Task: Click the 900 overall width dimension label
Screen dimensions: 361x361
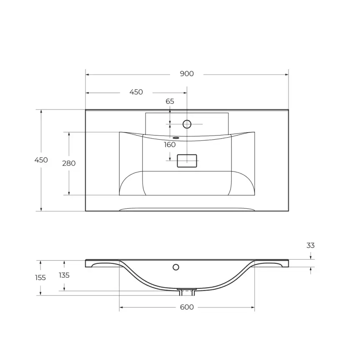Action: (x=187, y=74)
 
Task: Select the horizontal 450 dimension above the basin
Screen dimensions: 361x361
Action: (x=136, y=92)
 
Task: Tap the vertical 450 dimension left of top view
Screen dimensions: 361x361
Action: (x=41, y=160)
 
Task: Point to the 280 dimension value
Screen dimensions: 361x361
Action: (x=69, y=163)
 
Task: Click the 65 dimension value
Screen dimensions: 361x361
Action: (x=170, y=101)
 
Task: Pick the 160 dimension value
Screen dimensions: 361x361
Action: (x=170, y=145)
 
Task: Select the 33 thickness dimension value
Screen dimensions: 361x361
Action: (x=311, y=246)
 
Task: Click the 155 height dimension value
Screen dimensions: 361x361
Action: (x=40, y=278)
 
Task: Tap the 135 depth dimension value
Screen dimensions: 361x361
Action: (x=64, y=275)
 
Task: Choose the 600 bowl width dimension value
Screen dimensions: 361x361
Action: (x=187, y=307)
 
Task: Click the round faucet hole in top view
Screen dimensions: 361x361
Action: (x=187, y=124)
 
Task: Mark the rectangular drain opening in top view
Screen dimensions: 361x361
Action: (x=187, y=160)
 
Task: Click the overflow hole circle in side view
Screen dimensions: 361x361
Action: (x=176, y=267)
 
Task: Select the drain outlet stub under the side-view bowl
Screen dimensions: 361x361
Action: (x=187, y=291)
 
